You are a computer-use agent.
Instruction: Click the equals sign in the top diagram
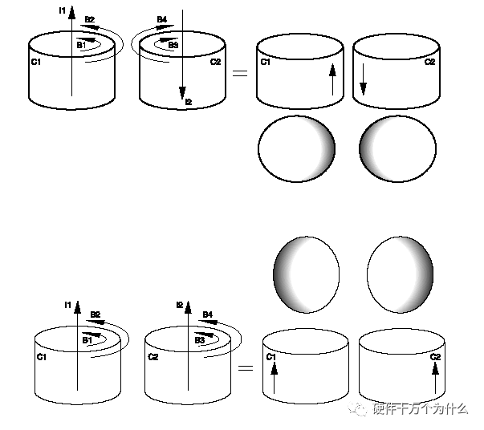pyautogui.click(x=238, y=73)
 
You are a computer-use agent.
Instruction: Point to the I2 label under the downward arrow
pyautogui.click(x=189, y=101)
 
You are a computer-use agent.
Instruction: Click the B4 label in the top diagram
pyautogui.click(x=162, y=18)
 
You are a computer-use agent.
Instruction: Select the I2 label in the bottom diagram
pyautogui.click(x=181, y=304)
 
